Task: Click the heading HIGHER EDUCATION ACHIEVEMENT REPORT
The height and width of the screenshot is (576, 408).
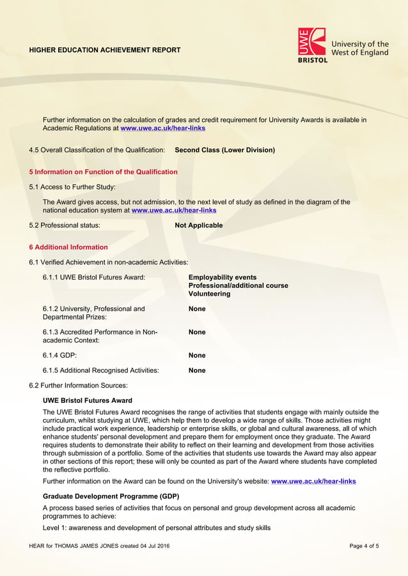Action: pyautogui.click(x=105, y=50)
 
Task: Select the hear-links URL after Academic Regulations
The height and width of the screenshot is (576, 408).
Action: pyautogui.click(x=163, y=128)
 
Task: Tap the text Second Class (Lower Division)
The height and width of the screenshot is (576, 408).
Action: pyautogui.click(x=224, y=150)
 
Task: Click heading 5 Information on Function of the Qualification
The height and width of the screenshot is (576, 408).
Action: pyautogui.click(x=104, y=172)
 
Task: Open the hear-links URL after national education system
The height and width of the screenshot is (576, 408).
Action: pyautogui.click(x=173, y=210)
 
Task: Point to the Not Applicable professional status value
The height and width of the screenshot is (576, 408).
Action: pyautogui.click(x=199, y=225)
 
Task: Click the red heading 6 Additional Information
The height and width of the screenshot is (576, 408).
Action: pyautogui.click(x=68, y=247)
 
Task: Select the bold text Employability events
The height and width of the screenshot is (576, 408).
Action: pyautogui.click(x=223, y=277)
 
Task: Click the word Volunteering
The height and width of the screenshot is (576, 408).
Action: pyautogui.click(x=209, y=294)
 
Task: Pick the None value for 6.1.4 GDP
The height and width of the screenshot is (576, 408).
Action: pyautogui.click(x=197, y=355)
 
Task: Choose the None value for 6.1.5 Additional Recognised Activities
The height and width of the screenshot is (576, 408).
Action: pyautogui.click(x=197, y=370)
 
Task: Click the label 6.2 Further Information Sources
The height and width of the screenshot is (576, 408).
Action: pyautogui.click(x=79, y=386)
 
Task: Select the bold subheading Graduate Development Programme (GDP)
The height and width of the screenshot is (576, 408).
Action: pyautogui.click(x=111, y=496)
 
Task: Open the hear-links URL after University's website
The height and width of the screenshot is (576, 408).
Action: pyautogui.click(x=313, y=481)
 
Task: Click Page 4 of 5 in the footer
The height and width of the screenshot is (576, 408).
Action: pyautogui.click(x=364, y=546)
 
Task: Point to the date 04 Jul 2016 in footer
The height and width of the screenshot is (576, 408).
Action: pyautogui.click(x=155, y=546)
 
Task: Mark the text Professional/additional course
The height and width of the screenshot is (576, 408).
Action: pyautogui.click(x=238, y=285)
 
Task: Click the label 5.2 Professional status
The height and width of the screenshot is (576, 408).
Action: pyautogui.click(x=65, y=225)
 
